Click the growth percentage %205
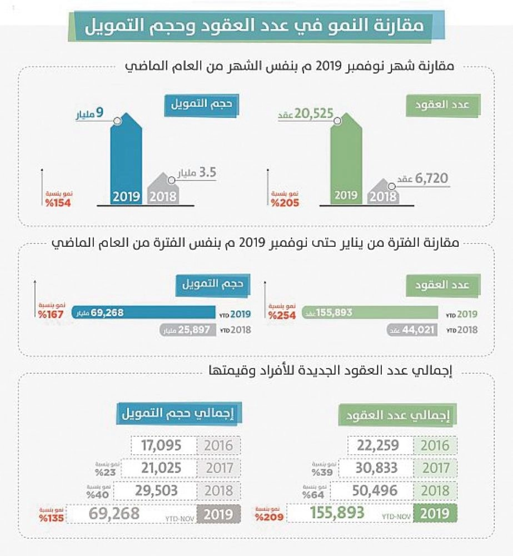click(x=286, y=203)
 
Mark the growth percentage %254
click(x=282, y=315)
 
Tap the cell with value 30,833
click(x=381, y=468)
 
